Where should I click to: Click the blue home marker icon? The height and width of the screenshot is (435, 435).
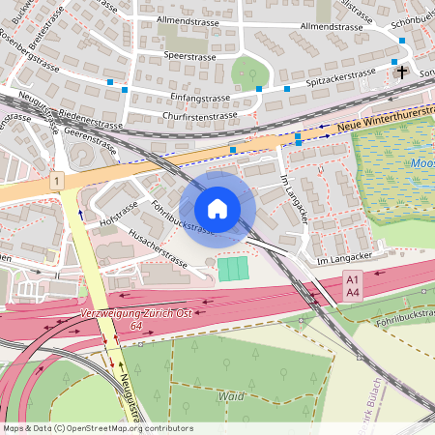pyautogui.click(x=217, y=208)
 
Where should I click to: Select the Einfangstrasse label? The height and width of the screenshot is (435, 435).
pyautogui.click(x=197, y=97)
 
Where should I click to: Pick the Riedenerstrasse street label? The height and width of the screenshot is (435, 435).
pyautogui.click(x=90, y=124)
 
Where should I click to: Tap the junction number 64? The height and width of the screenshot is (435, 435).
pyautogui.click(x=125, y=327)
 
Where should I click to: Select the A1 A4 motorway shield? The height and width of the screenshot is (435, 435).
pyautogui.click(x=352, y=285)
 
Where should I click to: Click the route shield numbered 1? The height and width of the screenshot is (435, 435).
pyautogui.click(x=58, y=181)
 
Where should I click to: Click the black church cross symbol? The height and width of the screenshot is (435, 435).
pyautogui.click(x=402, y=72)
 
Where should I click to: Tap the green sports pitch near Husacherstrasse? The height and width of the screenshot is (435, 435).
pyautogui.click(x=233, y=269)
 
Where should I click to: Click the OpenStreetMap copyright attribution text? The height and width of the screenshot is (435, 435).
pyautogui.click(x=98, y=428)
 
